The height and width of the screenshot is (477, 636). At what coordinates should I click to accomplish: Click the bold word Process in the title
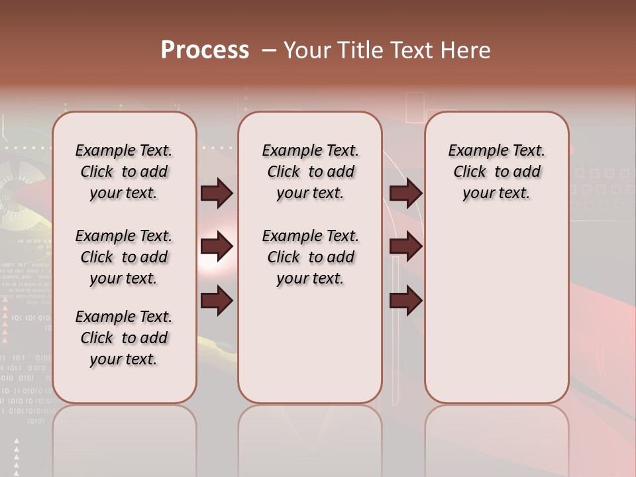click(x=205, y=50)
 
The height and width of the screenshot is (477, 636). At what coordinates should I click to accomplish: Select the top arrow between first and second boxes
click(x=217, y=193)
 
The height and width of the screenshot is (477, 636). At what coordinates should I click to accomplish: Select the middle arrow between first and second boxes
click(x=217, y=247)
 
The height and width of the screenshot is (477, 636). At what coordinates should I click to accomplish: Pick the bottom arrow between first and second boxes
click(x=217, y=301)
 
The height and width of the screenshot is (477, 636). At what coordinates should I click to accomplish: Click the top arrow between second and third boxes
click(x=406, y=193)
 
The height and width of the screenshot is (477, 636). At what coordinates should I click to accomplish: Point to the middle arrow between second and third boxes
click(x=406, y=247)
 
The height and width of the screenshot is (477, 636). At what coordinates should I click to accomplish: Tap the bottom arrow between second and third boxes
click(x=406, y=301)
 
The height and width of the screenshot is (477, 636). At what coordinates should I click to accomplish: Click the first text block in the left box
click(x=124, y=172)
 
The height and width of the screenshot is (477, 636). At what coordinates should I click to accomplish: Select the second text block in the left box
click(x=124, y=257)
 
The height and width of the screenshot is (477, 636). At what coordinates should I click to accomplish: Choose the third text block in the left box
click(x=124, y=338)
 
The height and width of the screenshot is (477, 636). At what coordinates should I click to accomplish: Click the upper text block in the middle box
click(x=310, y=172)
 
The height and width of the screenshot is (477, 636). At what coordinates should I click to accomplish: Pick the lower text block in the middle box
click(x=310, y=257)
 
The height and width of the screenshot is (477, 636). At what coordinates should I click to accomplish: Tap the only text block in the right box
click(x=497, y=172)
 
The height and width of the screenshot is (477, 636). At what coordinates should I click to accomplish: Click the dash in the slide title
click(x=270, y=50)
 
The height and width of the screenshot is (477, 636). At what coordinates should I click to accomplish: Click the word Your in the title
click(x=307, y=50)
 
